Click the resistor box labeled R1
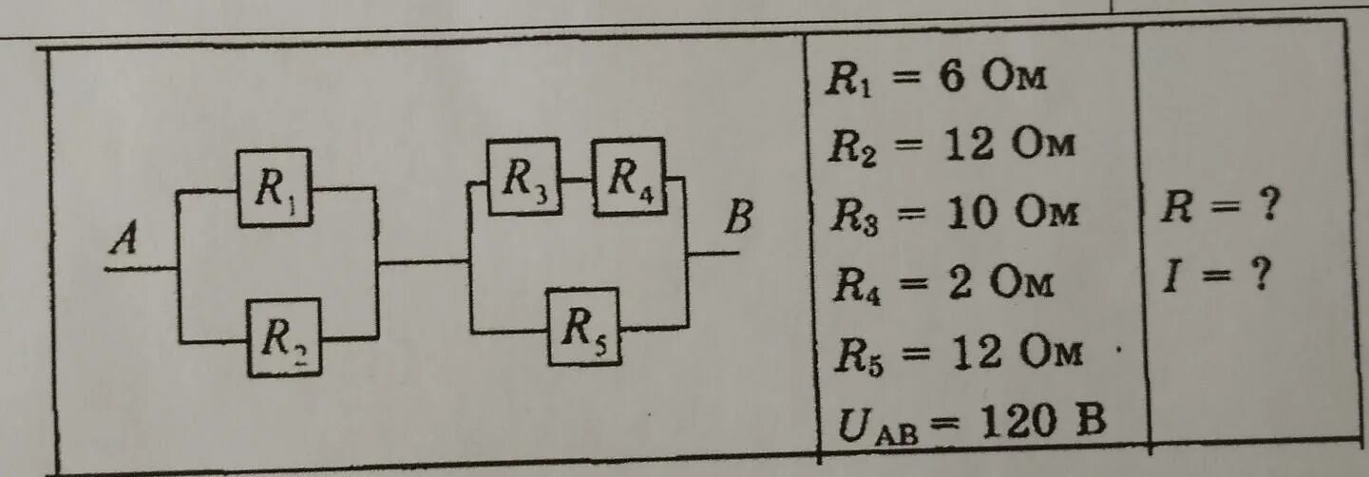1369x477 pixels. pyautogui.click(x=274, y=188)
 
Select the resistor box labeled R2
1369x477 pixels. pyautogui.click(x=283, y=336)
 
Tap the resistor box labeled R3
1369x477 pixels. pyautogui.click(x=523, y=177)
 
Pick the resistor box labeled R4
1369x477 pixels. pyautogui.click(x=628, y=176)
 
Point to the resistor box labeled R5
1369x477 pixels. pyautogui.click(x=583, y=326)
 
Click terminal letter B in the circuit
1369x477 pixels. pyautogui.click(x=738, y=219)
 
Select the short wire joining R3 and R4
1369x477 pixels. pyautogui.click(x=576, y=177)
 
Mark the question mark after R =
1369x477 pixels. pyautogui.click(x=1263, y=206)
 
